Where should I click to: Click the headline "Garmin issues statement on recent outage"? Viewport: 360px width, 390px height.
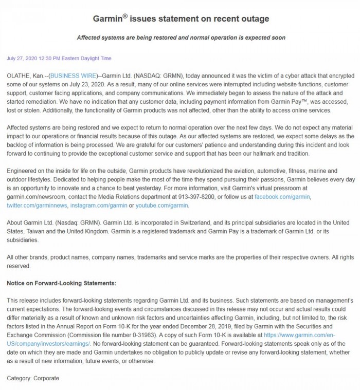point(181,20)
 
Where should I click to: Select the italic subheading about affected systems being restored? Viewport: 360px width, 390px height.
point(181,38)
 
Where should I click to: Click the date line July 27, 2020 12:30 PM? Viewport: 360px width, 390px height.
point(59,59)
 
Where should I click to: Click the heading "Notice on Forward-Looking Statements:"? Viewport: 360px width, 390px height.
point(61,283)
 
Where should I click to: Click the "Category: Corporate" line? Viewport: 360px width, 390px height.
point(33,378)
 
